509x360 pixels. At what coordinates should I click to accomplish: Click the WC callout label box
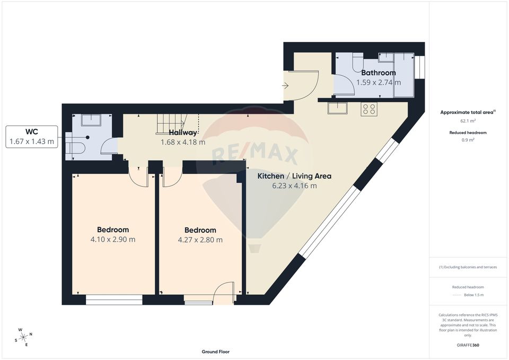pyautogui.click(x=32, y=136)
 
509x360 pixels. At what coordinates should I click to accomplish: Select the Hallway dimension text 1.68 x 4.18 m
pyautogui.click(x=183, y=142)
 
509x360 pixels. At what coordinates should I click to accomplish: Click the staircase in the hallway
pyautogui.click(x=169, y=125)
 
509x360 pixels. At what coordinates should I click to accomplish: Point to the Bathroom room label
pyautogui.click(x=378, y=73)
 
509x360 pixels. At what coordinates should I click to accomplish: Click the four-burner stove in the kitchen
pyautogui.click(x=369, y=110)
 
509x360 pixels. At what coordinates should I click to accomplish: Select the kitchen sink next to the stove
pyautogui.click(x=337, y=109)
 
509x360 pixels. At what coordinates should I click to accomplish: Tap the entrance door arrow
pyautogui.click(x=285, y=84)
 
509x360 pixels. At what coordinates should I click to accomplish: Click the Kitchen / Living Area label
pyautogui.click(x=294, y=176)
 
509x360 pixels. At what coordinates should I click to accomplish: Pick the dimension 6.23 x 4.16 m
pyautogui.click(x=294, y=186)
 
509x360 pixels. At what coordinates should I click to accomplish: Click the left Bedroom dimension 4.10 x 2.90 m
pyautogui.click(x=113, y=239)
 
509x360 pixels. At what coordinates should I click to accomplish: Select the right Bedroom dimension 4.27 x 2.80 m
pyautogui.click(x=200, y=240)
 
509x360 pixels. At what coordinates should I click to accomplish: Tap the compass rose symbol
pyautogui.click(x=24, y=337)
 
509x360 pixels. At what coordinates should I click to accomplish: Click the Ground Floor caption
pyautogui.click(x=215, y=352)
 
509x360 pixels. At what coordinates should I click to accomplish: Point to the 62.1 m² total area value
pyautogui.click(x=468, y=121)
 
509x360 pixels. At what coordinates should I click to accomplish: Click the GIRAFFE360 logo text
pyautogui.click(x=468, y=345)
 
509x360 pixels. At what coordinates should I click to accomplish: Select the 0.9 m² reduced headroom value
pyautogui.click(x=468, y=140)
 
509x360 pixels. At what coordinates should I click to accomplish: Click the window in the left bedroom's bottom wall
pyautogui.click(x=114, y=301)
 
